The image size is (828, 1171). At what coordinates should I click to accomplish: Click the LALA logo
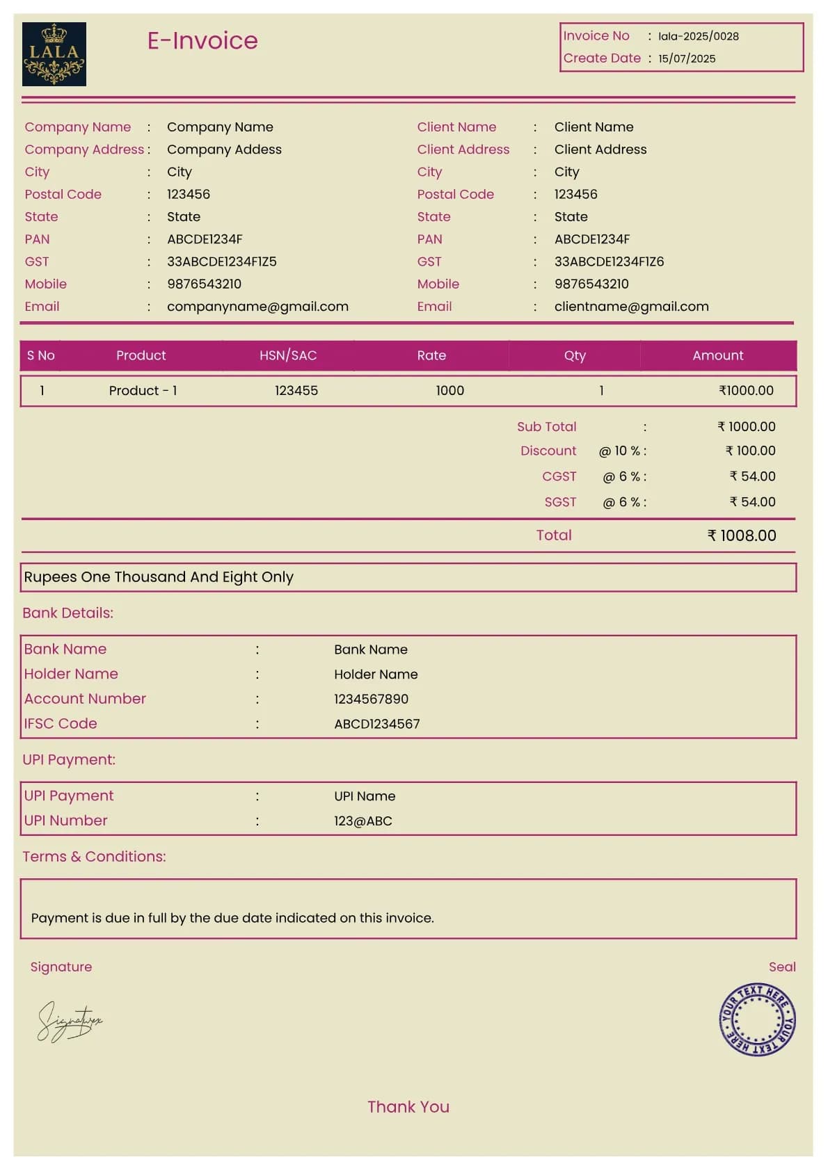pos(54,54)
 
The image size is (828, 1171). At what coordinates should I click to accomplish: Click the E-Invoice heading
pos(202,40)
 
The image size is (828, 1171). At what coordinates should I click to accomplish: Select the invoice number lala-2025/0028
pos(698,36)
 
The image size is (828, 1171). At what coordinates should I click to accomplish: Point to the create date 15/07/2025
pos(687,59)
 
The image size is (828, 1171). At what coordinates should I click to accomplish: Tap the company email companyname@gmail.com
pos(257,307)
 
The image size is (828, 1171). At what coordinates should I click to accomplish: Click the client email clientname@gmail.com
pos(631,307)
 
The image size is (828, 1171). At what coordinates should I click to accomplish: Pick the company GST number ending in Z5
pos(221,261)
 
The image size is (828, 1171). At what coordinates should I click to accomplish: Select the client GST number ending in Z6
pos(609,261)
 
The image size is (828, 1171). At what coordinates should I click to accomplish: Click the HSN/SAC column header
pos(288,355)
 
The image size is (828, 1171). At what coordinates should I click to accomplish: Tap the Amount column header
pos(717,355)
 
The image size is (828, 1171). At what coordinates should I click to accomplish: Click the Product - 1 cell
pos(143,391)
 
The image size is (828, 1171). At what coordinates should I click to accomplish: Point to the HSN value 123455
pos(296,391)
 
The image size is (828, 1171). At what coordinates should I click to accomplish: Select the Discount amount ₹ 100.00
pos(750,451)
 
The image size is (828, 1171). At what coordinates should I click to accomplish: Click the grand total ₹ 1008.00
pos(741,535)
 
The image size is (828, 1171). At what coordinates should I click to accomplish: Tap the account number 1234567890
pos(371,699)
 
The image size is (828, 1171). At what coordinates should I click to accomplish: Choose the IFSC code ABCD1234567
pos(376,724)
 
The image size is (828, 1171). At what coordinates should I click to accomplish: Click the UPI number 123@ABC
pos(363,821)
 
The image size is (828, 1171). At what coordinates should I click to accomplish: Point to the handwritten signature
pos(69,1021)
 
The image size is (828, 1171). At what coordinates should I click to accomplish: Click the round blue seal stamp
pos(757,1019)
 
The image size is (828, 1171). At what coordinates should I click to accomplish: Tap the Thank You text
pos(408,1107)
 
